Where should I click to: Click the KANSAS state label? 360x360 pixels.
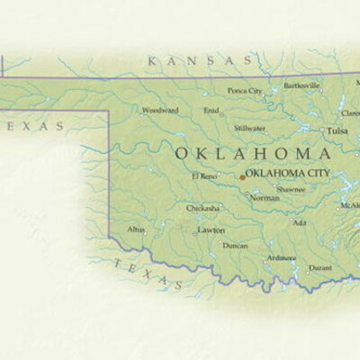(x=200, y=61)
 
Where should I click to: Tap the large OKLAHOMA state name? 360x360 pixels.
(x=246, y=153)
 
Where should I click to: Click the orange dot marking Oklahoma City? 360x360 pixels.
(x=241, y=177)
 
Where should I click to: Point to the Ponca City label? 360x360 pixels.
(x=245, y=91)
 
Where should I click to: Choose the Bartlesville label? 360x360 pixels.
(x=301, y=86)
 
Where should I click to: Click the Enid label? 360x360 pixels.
(x=211, y=111)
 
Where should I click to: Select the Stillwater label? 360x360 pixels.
(x=250, y=129)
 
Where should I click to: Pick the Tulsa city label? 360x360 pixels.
(x=337, y=131)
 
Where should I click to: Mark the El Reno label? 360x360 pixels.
(x=204, y=175)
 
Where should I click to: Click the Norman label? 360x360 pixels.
(x=265, y=198)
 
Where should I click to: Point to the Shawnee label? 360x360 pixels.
(x=291, y=190)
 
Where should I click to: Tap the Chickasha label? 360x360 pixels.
(x=202, y=208)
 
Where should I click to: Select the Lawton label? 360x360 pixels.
(x=212, y=230)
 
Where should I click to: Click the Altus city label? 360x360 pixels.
(x=136, y=229)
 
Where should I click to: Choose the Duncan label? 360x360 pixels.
(x=235, y=246)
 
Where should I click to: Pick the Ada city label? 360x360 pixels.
(x=300, y=222)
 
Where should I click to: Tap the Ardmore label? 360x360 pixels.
(x=280, y=258)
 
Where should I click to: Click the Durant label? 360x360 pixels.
(x=319, y=267)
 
